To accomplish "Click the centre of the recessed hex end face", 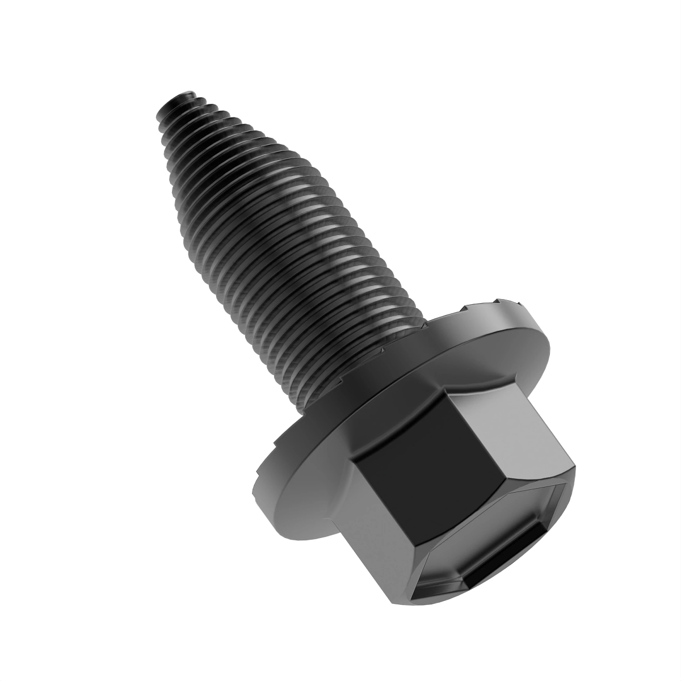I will point(499,545).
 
